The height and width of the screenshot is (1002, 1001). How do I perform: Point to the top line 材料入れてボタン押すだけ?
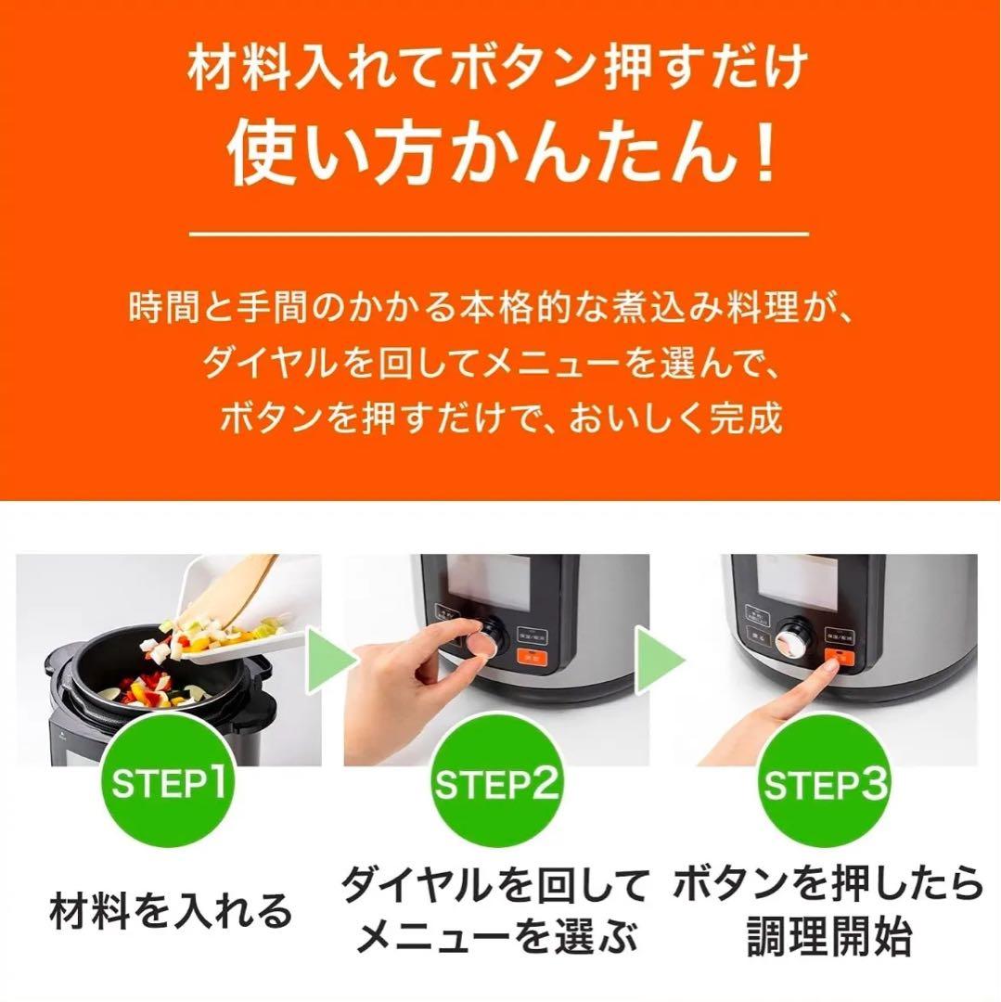[500, 70]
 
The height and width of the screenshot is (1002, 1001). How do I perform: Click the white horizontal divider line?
[500, 235]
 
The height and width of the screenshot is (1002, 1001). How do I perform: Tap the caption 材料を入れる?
[171, 912]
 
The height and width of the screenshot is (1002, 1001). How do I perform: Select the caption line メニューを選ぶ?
[497, 939]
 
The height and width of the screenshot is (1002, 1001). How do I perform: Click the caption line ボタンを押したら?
[828, 886]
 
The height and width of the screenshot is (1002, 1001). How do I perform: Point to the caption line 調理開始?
[828, 939]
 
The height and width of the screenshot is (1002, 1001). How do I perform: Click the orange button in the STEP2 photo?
[532, 658]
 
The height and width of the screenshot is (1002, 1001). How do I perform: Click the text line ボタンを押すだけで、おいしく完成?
[501, 418]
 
